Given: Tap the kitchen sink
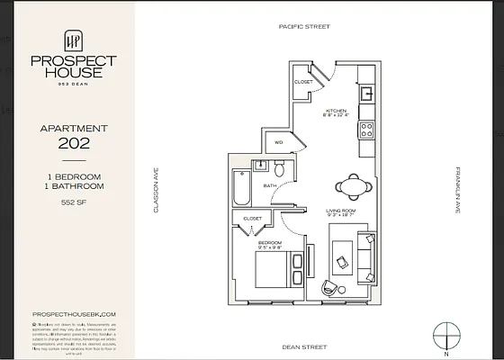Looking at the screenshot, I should [367, 93].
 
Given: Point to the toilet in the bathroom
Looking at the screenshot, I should [280, 169].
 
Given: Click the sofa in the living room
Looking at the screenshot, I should [366, 256].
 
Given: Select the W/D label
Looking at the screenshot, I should [278, 142].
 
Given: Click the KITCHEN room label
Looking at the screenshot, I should [334, 111].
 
